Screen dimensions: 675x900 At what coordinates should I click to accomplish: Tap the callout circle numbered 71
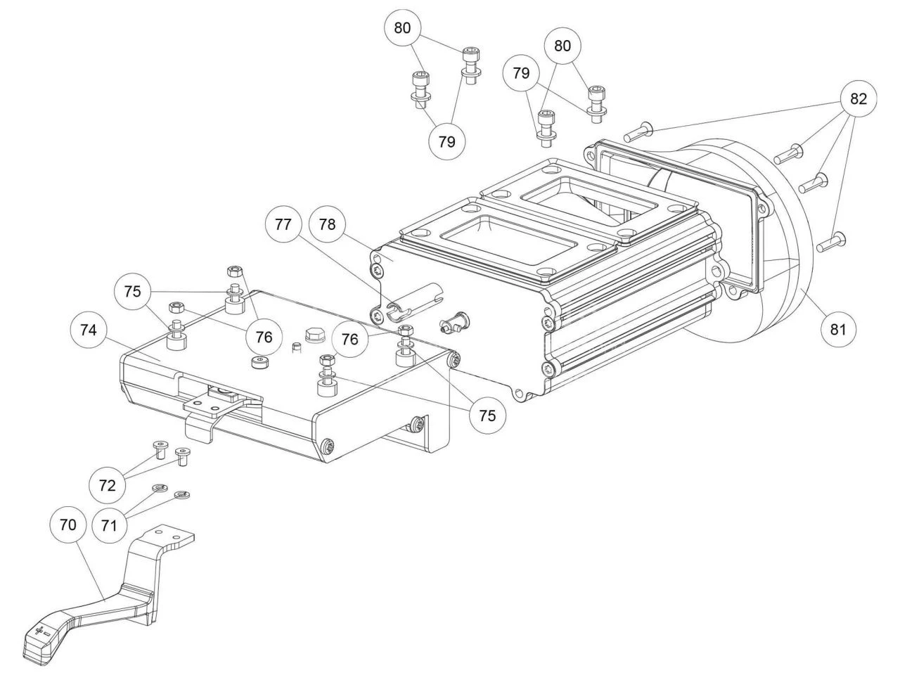point(108,525)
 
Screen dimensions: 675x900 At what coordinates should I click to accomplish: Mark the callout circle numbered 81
point(839,329)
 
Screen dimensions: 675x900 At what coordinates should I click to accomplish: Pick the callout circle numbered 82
point(859,98)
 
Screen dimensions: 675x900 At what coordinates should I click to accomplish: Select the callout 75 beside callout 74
point(133,292)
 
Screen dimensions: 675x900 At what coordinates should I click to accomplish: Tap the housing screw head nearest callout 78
point(378,269)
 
